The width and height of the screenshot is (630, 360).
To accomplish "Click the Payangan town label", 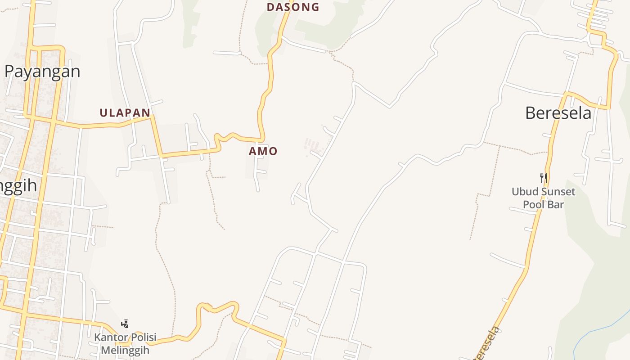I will pos(42,72).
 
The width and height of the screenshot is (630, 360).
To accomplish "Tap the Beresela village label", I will pos(558,113).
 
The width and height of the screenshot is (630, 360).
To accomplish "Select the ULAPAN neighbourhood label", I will pos(125,113).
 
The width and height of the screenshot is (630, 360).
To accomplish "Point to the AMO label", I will pos(263,151).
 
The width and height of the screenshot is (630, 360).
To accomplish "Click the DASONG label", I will pos(293,7).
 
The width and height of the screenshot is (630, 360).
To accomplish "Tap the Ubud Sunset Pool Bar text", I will pos(543,198).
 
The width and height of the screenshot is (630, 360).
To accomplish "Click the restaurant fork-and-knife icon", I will pos(543,178).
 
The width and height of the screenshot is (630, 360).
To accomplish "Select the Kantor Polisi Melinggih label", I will pos(125,343).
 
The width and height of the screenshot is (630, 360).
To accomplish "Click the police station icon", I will pos(125,324).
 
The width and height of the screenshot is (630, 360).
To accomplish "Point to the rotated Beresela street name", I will pos(487,344).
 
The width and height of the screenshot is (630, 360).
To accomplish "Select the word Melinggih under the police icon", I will pos(125,350).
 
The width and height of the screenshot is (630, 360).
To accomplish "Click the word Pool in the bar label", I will pos(532,204).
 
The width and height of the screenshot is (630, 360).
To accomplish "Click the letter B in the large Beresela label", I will pos(531,113).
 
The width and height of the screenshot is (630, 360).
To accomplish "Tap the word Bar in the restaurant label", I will pos(556,204).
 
